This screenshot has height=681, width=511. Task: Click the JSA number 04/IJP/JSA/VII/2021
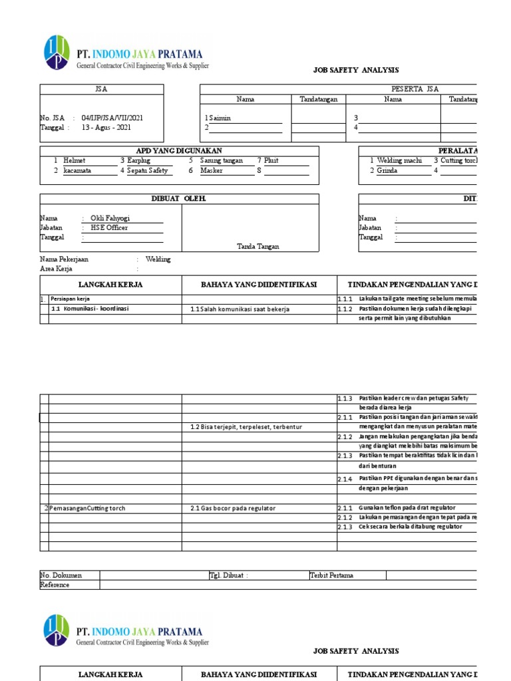(x=112, y=118)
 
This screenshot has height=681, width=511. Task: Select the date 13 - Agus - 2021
(x=106, y=128)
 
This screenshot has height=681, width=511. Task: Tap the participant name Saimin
(x=220, y=118)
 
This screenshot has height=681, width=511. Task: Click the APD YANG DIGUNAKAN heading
(x=179, y=151)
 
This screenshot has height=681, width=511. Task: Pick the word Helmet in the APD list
(x=75, y=160)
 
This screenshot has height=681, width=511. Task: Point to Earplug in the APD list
(x=139, y=160)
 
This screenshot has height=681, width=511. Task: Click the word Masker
(x=212, y=170)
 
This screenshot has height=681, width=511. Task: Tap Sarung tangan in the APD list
(x=222, y=160)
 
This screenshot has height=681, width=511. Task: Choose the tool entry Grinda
(x=387, y=170)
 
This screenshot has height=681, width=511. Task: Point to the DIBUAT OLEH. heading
(x=179, y=199)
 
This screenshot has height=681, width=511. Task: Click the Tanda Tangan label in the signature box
(x=258, y=246)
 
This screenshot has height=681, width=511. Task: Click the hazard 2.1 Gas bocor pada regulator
(x=233, y=508)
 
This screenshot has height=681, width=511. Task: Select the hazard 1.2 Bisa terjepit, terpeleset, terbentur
(x=246, y=426)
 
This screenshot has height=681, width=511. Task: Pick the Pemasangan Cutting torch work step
(x=87, y=508)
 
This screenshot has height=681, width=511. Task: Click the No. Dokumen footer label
(x=61, y=575)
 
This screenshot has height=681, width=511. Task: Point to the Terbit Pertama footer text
(x=331, y=575)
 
